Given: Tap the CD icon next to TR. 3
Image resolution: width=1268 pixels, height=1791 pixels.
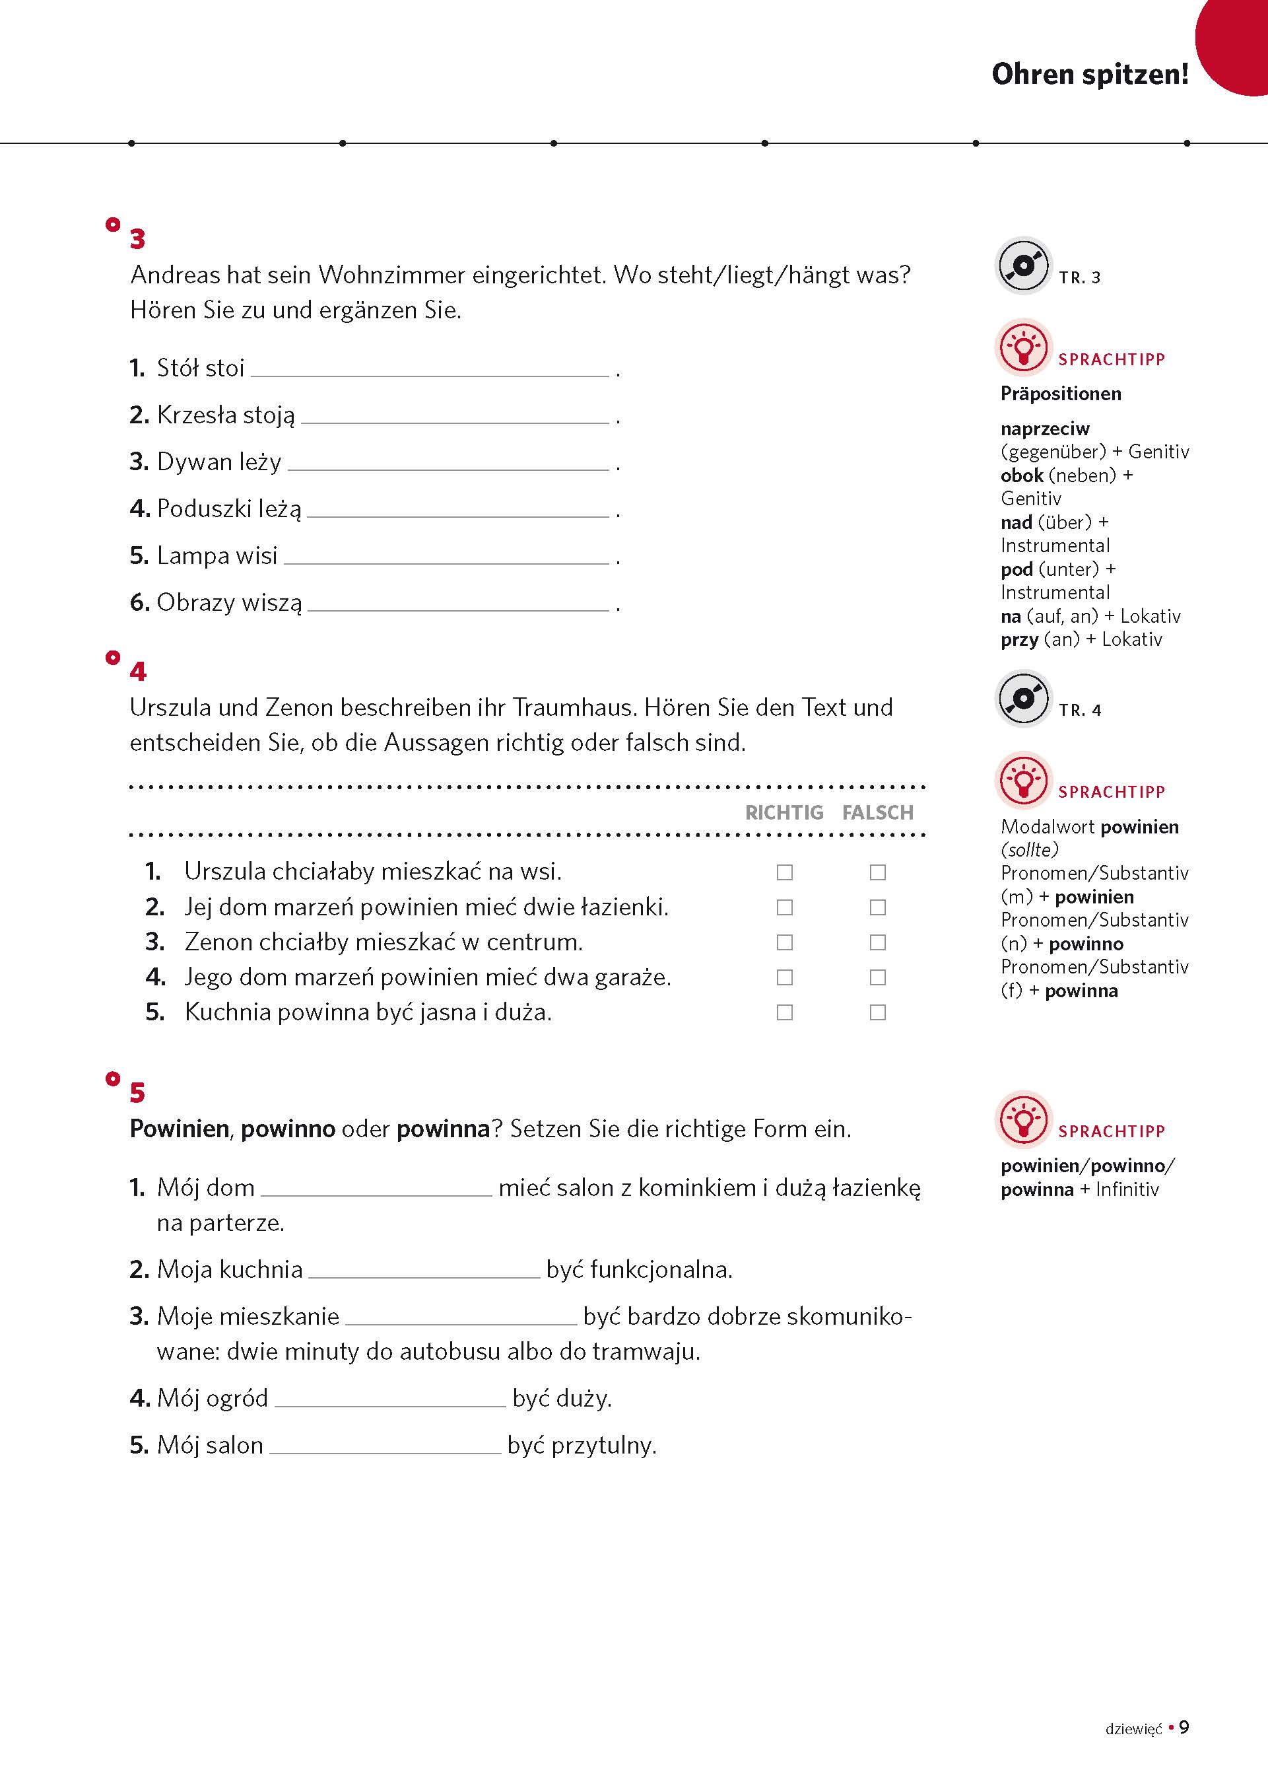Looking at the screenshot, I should pos(1023,265).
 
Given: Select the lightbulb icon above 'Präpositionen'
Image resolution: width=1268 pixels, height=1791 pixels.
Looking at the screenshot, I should pos(1023,347).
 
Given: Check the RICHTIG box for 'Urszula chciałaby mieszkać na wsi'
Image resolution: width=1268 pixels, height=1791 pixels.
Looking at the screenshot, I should pos(785,872).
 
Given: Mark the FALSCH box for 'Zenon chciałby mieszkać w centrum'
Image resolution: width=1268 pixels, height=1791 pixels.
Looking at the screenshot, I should pos(878,942).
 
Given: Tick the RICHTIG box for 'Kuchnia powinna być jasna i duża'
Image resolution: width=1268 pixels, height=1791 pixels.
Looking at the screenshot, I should pos(785,1012).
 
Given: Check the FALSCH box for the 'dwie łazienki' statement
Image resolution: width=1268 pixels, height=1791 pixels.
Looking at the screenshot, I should pos(878,907).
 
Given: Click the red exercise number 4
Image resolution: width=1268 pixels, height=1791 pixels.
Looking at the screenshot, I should pos(138,672).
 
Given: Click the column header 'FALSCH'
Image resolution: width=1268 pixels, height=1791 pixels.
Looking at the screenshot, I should pos(878,812).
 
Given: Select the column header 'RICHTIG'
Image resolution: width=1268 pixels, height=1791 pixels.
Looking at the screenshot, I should pos(784,812).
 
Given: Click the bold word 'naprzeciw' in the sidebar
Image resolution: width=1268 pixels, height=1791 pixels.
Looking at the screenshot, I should pos(1045,429).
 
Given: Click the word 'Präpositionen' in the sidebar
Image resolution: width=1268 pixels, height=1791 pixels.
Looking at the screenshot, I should pos(1060,394).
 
